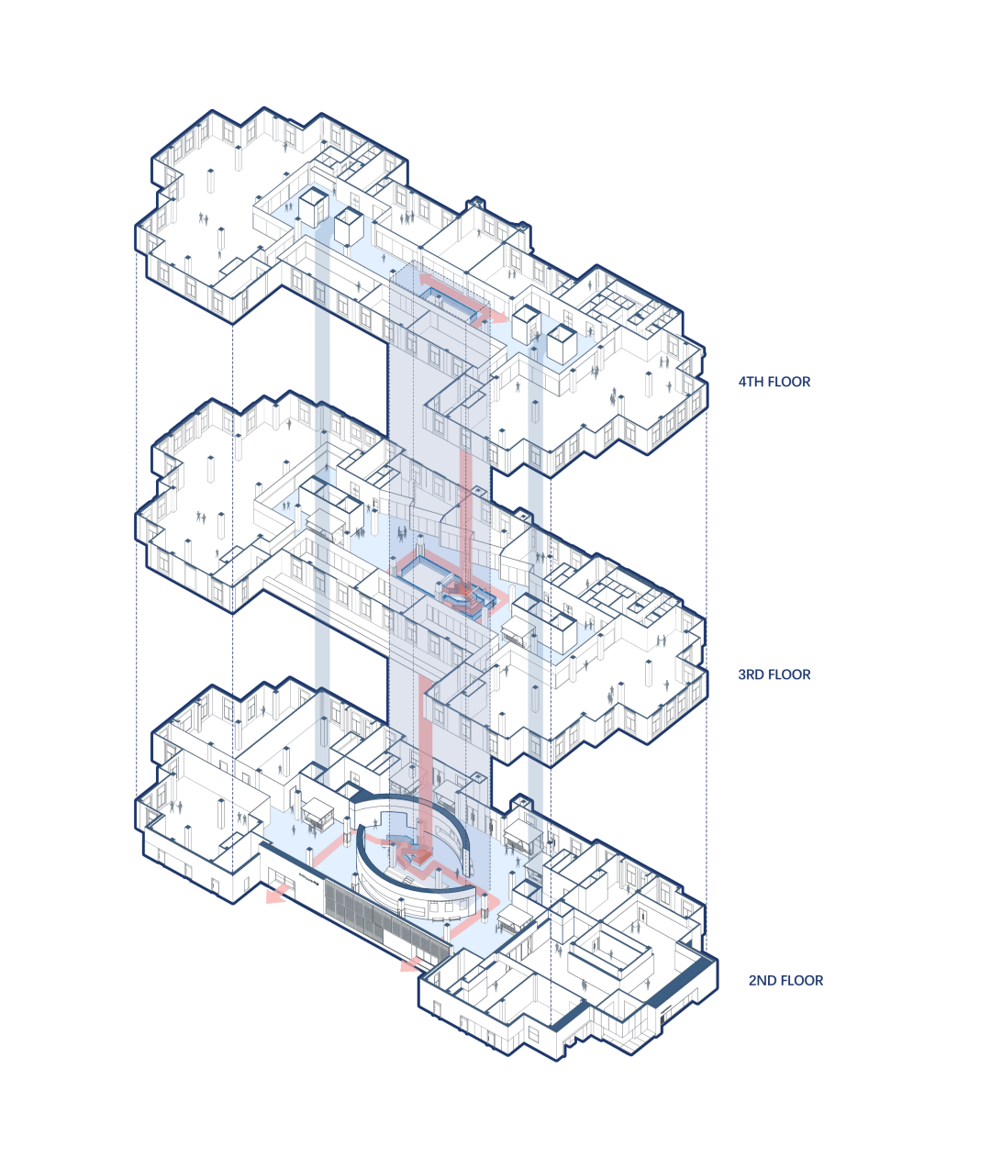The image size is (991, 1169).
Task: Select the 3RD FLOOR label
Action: [x=774, y=674]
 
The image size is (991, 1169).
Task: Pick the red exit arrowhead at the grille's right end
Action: [x=411, y=964]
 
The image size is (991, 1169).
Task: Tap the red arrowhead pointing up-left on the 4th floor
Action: [x=427, y=279]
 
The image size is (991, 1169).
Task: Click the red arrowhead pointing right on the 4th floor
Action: [x=498, y=317]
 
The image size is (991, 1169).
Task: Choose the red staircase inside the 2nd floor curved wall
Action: [x=415, y=854]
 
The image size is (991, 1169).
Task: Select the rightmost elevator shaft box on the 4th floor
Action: [x=562, y=344]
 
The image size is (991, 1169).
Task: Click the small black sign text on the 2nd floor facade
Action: [x=309, y=877]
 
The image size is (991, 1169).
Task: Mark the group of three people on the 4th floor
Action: [x=406, y=217]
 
